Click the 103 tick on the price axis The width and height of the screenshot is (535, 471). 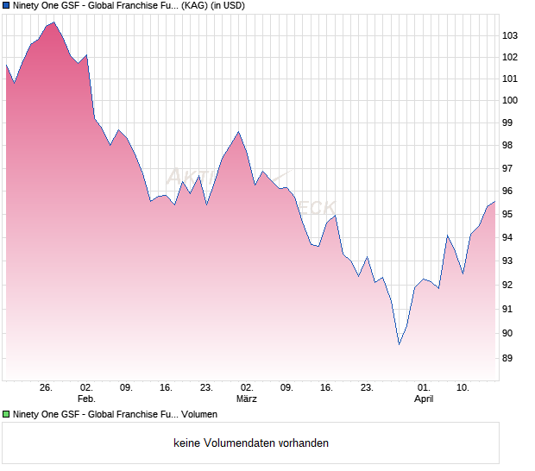pos(511,35)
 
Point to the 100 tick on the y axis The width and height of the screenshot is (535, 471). pos(511,101)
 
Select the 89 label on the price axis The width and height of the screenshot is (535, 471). pos(508,359)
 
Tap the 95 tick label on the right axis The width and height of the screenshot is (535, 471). pos(508,214)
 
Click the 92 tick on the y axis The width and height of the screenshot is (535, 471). pos(508,286)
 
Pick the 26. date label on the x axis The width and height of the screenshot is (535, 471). pos(47,387)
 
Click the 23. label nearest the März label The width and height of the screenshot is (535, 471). pos(206,387)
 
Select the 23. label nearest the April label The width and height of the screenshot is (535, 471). pos(367,387)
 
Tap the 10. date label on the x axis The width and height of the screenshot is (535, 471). pos(463,387)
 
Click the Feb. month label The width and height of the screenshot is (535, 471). pos(85,399)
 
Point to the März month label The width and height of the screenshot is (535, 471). pos(247,399)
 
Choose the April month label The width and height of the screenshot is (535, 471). pos(424,399)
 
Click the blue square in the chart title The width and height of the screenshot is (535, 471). pos(7,6)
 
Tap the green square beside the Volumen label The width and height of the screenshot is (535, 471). pos(7,415)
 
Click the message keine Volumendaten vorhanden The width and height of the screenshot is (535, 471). pos(250,443)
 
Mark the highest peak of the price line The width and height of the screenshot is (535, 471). pos(54,22)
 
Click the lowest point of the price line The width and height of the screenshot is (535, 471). pos(399,344)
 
